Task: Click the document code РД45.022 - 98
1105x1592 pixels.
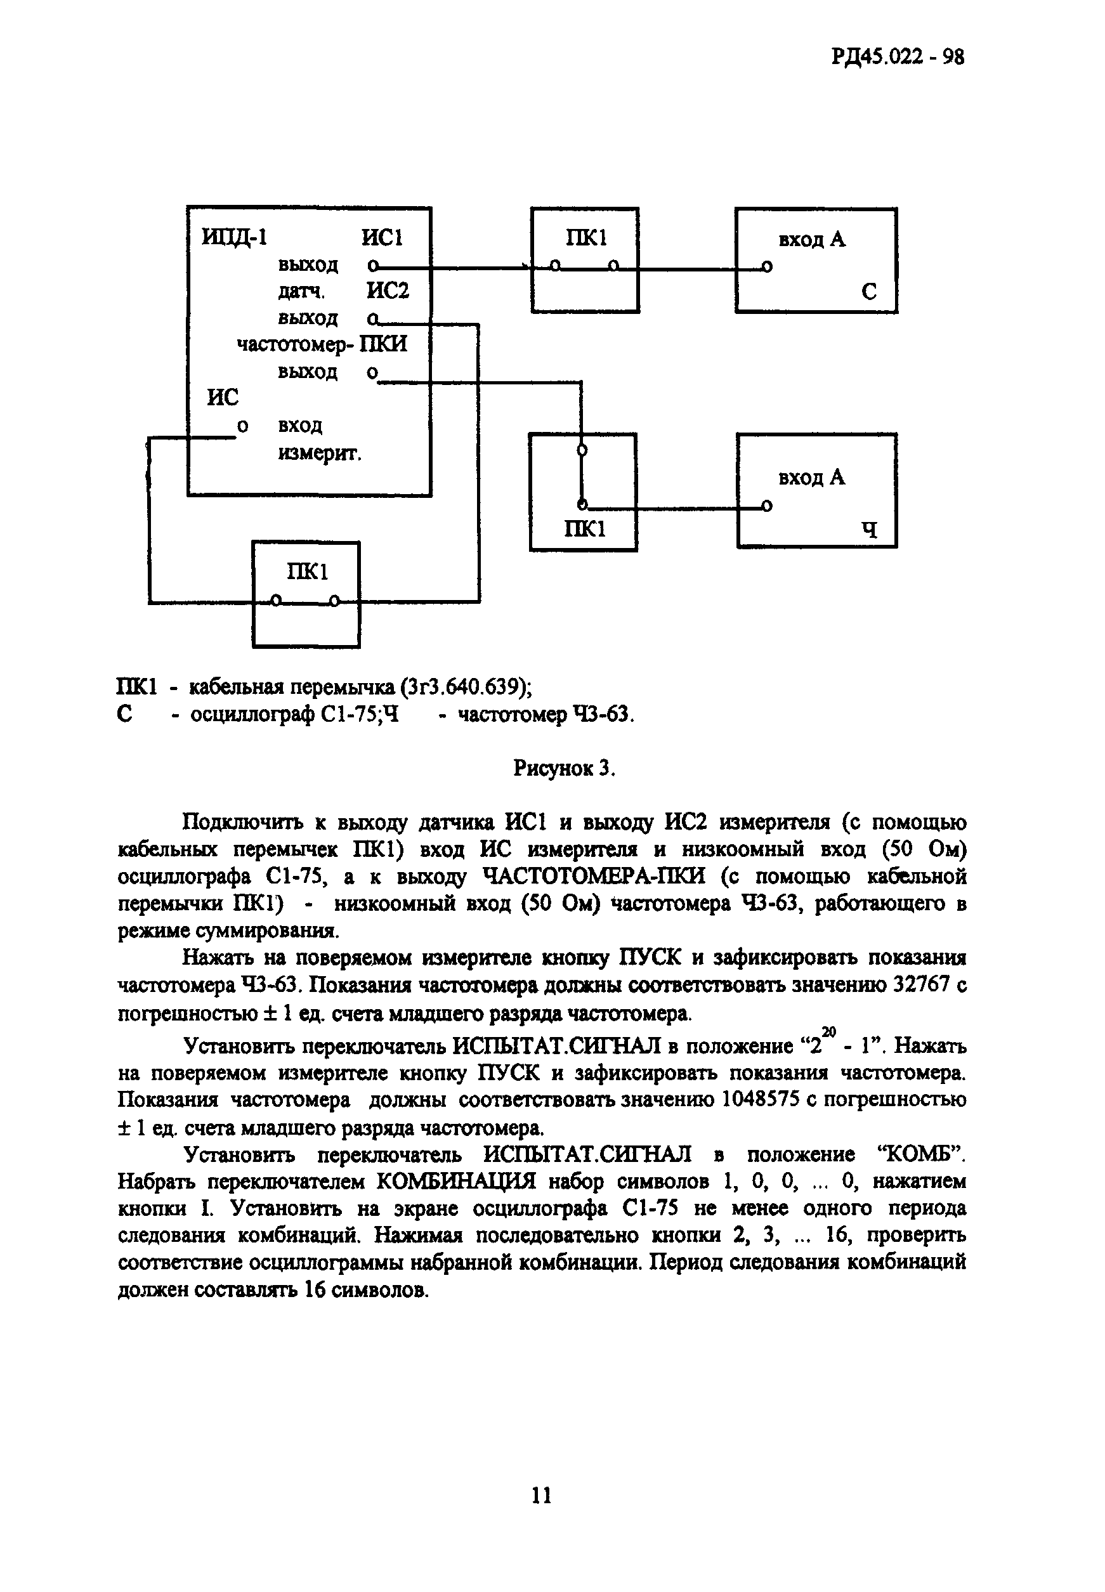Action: point(898,56)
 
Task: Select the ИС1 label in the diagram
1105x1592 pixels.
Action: point(382,238)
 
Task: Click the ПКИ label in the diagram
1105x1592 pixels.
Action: point(384,344)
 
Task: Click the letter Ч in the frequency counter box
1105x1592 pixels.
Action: point(870,530)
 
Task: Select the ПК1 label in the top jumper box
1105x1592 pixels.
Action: point(585,238)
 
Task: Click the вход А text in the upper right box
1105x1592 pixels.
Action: point(812,240)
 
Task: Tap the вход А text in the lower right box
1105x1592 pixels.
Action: point(812,478)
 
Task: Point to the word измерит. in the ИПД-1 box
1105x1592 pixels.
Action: point(320,453)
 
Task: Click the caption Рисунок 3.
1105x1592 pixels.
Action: point(565,768)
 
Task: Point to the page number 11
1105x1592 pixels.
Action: point(542,1496)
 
